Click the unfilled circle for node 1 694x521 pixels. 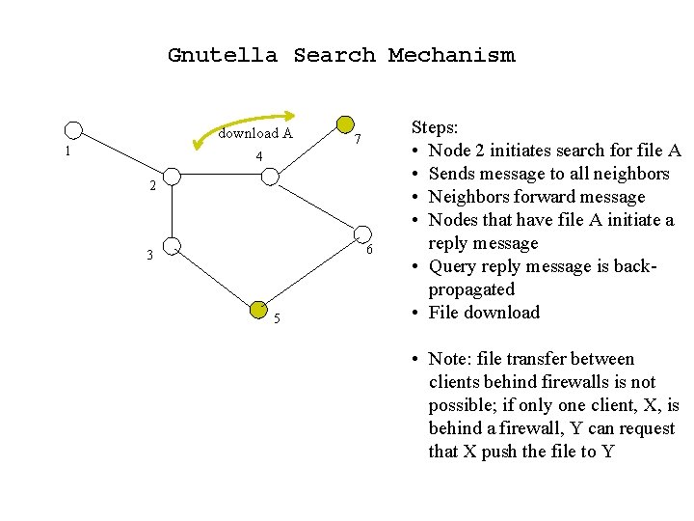73,130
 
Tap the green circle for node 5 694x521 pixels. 257,309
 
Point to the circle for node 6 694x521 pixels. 362,233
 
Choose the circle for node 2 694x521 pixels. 171,177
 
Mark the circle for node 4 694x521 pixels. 271,177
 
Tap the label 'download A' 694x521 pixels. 255,134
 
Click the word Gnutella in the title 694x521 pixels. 222,55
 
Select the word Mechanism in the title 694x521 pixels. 451,55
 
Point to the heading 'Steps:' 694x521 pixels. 435,127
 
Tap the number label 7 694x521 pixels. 358,141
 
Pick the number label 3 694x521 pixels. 149,256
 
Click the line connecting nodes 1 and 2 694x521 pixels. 121,153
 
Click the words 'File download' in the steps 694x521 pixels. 484,313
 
